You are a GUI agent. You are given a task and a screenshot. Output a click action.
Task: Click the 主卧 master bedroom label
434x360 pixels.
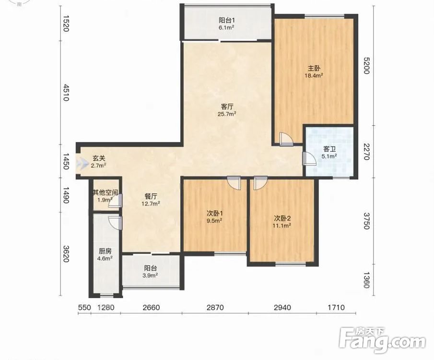[314, 68]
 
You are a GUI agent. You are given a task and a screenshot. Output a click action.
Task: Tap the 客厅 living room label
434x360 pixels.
[227, 107]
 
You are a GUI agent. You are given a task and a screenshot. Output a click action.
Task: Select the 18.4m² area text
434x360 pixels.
[314, 75]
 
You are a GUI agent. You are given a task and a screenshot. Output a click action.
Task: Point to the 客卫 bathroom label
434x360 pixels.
[329, 149]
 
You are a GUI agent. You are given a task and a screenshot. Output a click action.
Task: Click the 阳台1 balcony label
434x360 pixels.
[227, 20]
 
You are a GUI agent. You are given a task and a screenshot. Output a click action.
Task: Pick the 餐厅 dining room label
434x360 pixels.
[151, 196]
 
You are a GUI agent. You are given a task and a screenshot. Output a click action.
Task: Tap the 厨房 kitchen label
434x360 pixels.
[105, 251]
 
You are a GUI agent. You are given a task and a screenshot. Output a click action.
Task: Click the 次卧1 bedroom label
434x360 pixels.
[215, 214]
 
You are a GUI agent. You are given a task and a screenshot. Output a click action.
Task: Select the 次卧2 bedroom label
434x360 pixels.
[282, 218]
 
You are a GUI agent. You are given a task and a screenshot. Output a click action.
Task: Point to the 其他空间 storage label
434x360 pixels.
[106, 192]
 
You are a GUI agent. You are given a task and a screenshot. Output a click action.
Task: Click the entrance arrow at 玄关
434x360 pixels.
[82, 163]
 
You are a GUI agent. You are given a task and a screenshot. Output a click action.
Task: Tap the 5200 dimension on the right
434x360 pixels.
[366, 66]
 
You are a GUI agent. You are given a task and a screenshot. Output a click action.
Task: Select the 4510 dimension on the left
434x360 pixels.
[66, 93]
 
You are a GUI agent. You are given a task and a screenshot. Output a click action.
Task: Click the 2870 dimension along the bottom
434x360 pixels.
[215, 307]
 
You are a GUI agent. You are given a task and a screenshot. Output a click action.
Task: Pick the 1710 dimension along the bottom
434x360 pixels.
[336, 307]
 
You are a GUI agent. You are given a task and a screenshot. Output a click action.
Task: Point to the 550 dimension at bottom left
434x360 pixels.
[84, 307]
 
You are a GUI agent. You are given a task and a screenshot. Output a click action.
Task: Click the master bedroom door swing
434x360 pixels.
[285, 139]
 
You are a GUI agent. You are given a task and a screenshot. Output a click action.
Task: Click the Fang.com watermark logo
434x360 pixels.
[382, 340]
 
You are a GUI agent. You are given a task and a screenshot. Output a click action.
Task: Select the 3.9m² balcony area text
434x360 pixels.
[150, 276]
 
